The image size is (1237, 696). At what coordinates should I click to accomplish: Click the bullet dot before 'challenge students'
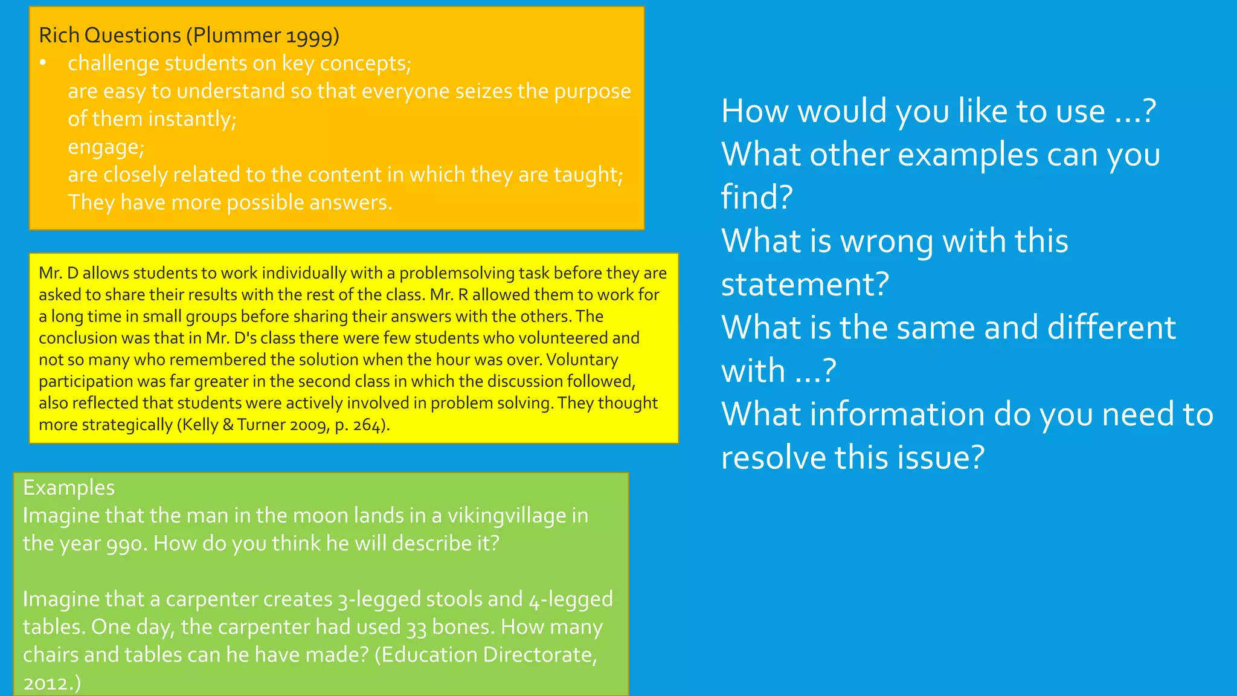[43, 63]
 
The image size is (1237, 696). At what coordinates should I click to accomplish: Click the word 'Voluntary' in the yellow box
[582, 360]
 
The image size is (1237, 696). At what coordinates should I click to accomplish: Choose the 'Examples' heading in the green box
[69, 488]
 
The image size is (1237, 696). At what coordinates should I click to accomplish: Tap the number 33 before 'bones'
[417, 628]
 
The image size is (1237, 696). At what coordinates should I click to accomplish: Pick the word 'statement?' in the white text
[805, 284]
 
